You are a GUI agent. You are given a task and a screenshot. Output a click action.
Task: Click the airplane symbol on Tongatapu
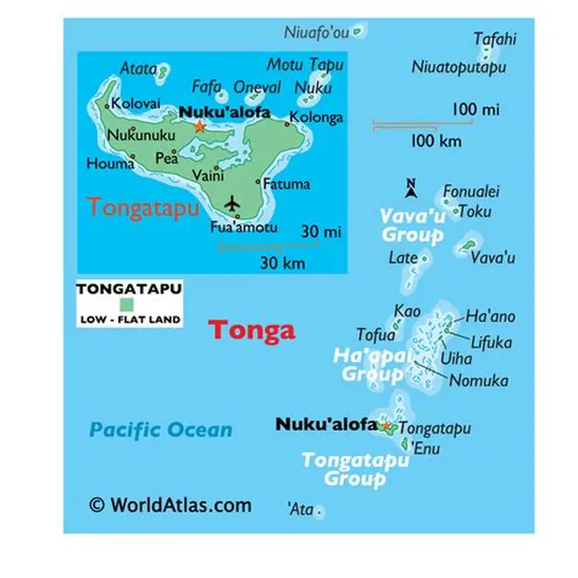pos(233,204)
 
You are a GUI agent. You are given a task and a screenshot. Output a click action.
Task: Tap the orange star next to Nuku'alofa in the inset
pos(199,126)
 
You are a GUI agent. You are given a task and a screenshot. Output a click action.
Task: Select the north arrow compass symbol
pos(410,189)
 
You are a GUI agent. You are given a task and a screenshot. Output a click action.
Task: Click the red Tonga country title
pos(251,330)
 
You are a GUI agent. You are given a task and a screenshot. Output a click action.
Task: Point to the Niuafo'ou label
pos(317,32)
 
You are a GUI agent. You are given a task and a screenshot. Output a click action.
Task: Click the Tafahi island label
pos(495,39)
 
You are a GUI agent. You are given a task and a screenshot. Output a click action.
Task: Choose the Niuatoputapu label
pos(458,67)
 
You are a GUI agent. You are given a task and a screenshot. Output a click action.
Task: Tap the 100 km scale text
pos(436,141)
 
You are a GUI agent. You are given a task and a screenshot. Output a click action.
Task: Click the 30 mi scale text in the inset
pos(321,232)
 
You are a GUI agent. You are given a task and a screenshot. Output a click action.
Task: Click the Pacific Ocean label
pos(161,429)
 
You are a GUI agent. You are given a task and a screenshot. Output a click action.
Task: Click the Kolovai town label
pos(136,103)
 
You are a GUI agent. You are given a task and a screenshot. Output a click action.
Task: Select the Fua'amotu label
pos(243,227)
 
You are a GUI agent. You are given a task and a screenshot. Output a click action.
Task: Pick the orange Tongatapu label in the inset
pos(144,207)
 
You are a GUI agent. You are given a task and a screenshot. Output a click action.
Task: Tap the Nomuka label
pos(478,381)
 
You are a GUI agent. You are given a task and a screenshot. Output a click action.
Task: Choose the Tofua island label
pos(376,335)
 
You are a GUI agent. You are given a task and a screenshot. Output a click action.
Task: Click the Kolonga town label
pos(316,117)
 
